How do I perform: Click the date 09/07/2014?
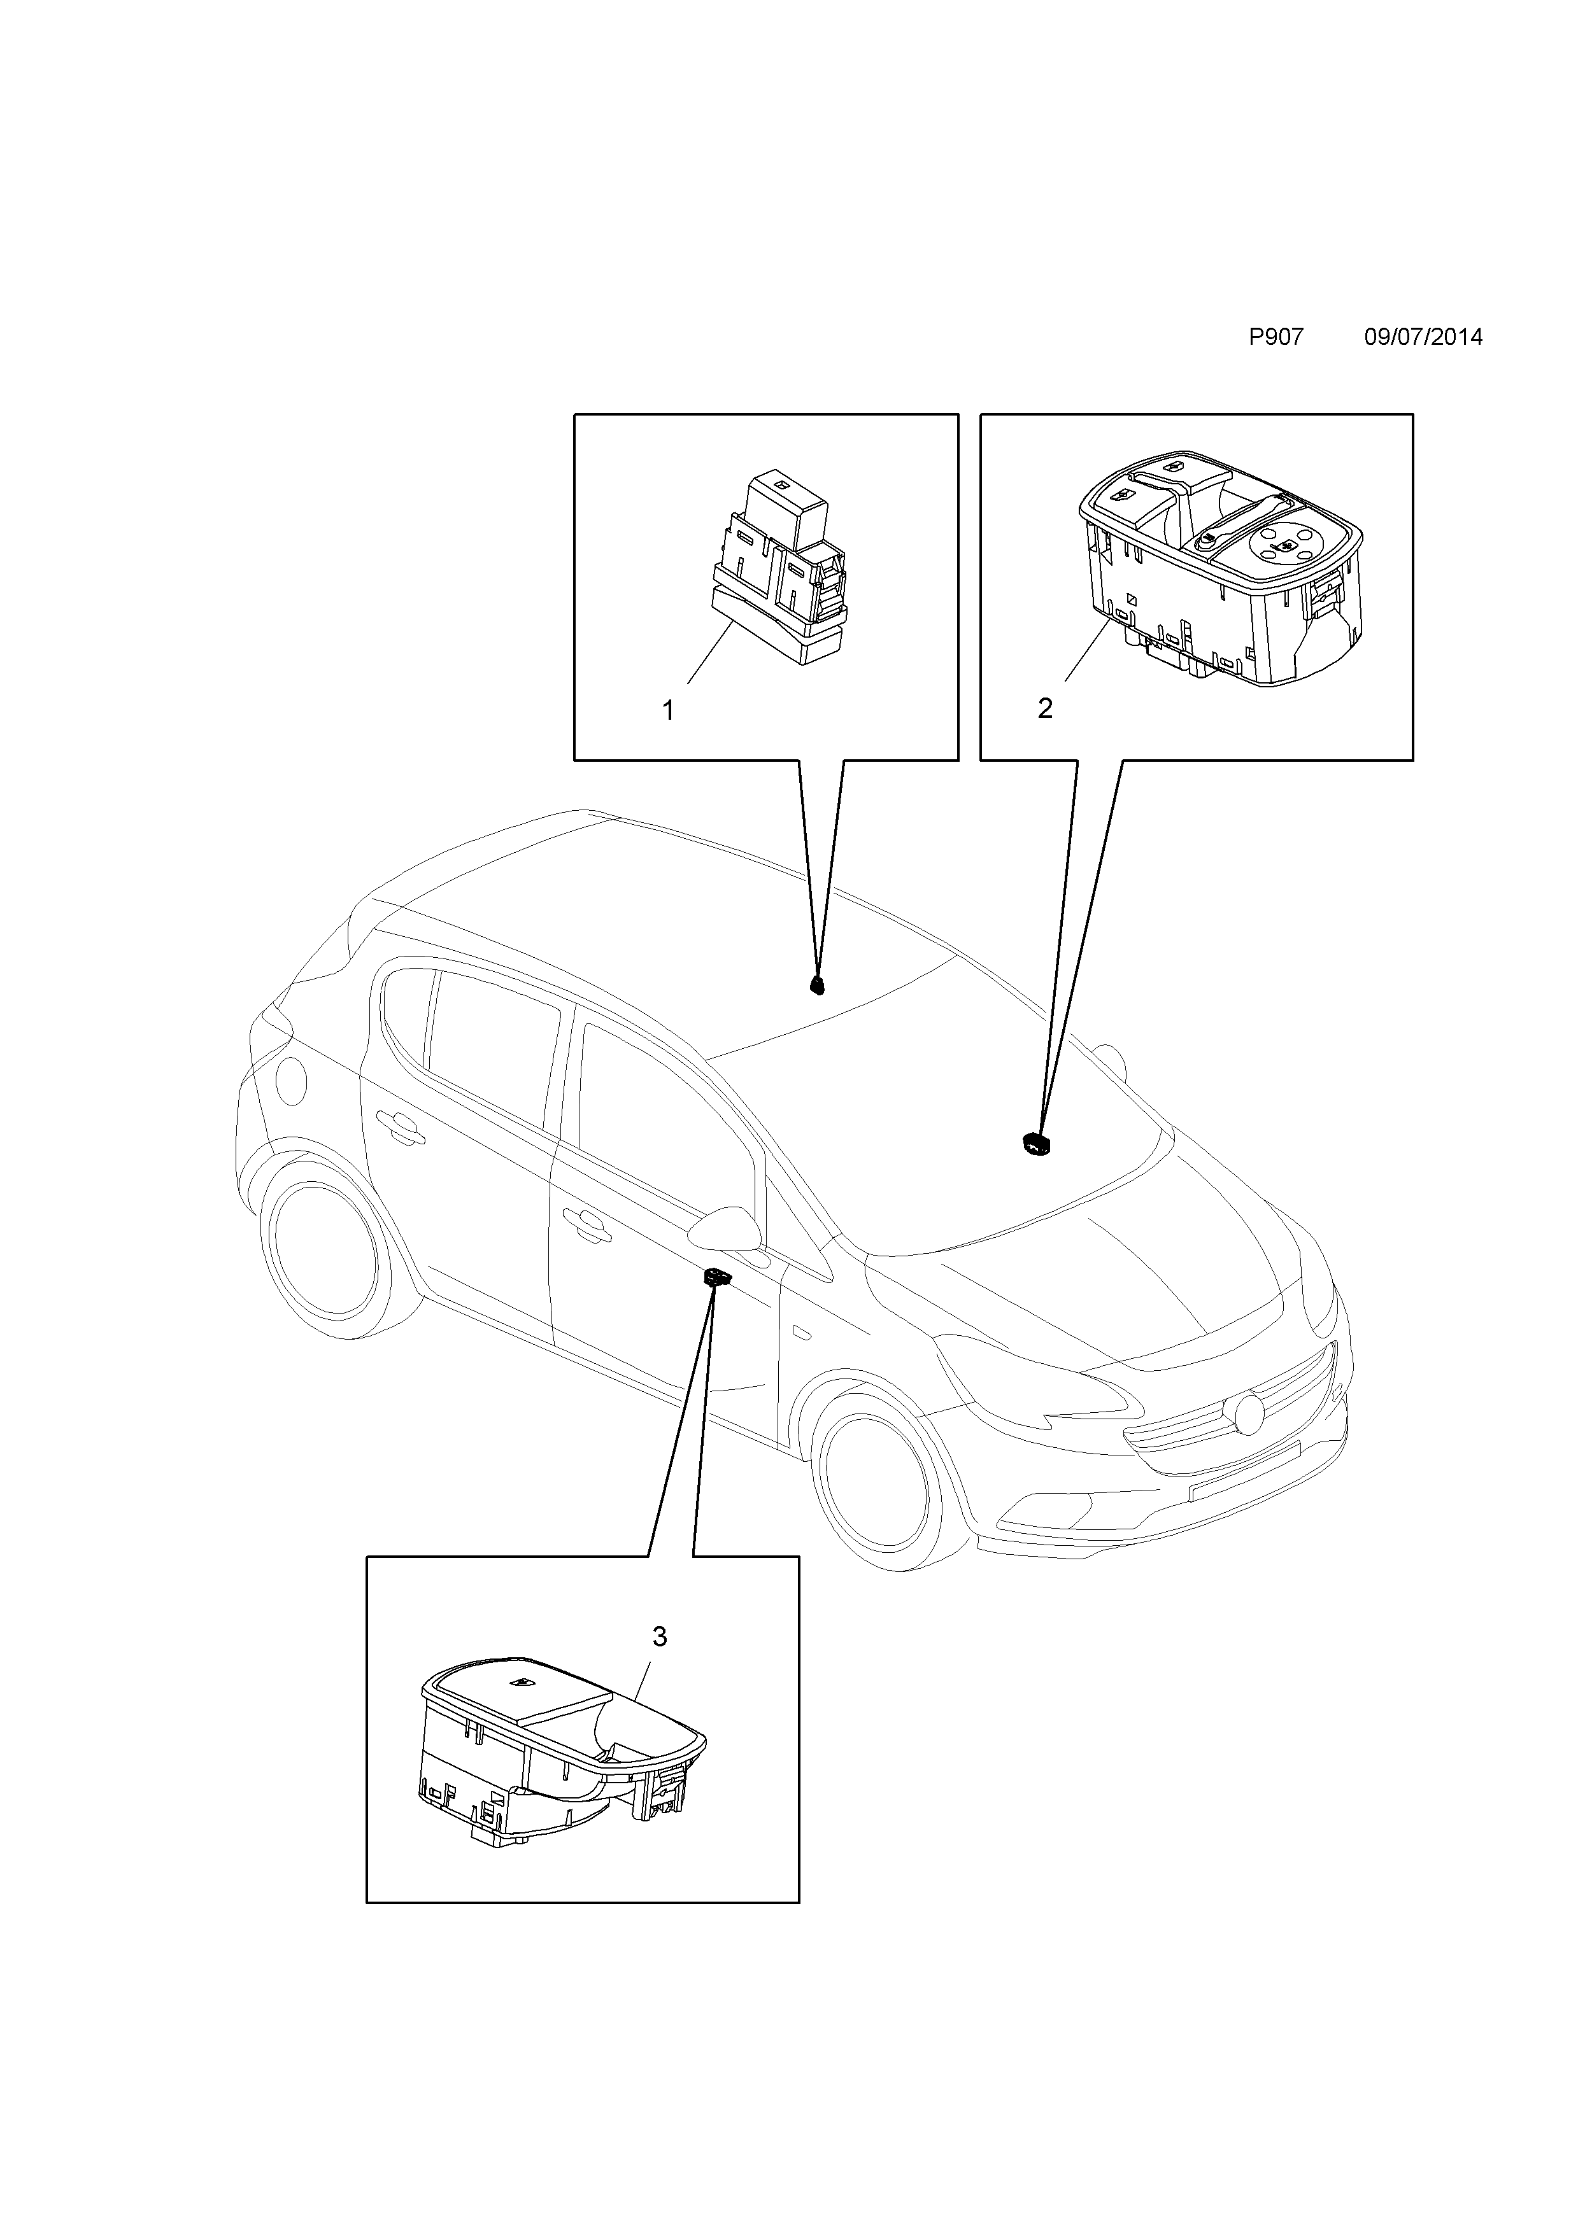click(1423, 338)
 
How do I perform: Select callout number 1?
click(669, 711)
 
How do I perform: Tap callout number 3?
click(660, 1637)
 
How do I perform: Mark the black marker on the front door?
click(717, 1278)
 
